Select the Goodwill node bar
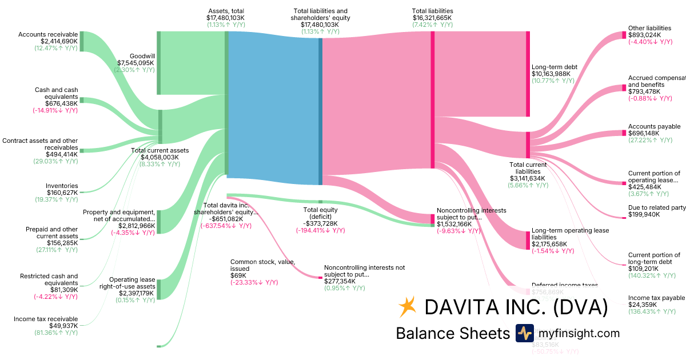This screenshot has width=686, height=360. (x=158, y=63)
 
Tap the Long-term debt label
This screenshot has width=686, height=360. (x=555, y=66)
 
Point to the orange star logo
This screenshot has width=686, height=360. (x=407, y=307)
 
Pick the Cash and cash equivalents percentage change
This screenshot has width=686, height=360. (x=55, y=110)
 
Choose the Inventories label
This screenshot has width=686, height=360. (x=62, y=186)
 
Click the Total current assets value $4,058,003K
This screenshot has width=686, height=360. (x=159, y=157)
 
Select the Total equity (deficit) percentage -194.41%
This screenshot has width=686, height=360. (x=320, y=230)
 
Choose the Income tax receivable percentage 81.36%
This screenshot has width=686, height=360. (x=55, y=333)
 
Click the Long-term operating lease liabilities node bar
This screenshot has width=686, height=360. (x=528, y=240)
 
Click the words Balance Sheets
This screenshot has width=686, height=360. (x=452, y=333)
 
